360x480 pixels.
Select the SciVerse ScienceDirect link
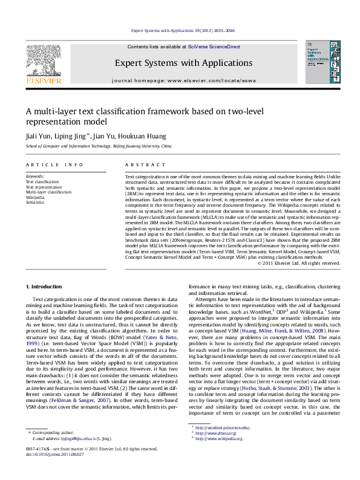(x=214, y=47)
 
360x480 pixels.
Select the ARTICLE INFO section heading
(x=55, y=164)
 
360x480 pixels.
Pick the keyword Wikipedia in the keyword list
(x=35, y=197)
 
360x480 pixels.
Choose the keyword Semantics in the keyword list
(x=35, y=202)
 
